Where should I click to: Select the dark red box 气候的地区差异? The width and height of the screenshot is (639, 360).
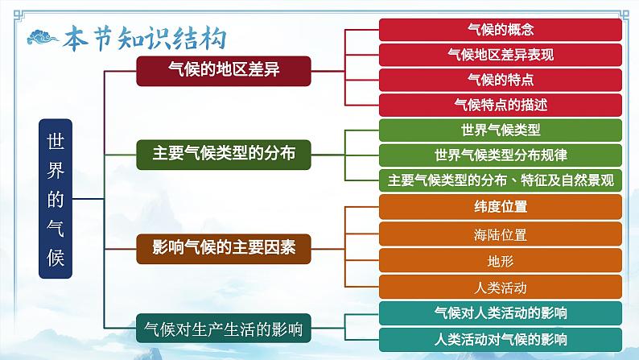click(x=224, y=70)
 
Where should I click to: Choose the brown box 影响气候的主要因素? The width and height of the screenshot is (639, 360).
click(x=224, y=247)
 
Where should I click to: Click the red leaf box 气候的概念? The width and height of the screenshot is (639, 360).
click(x=500, y=30)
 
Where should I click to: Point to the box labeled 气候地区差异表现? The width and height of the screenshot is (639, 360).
click(x=500, y=55)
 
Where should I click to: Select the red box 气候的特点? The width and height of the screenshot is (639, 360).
click(x=500, y=80)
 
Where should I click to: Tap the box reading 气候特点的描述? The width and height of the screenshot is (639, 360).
click(x=500, y=105)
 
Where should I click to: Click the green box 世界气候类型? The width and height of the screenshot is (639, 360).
click(x=500, y=130)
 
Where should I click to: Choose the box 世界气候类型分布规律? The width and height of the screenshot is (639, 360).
click(x=500, y=155)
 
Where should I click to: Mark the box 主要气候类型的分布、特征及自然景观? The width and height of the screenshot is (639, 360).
click(x=500, y=180)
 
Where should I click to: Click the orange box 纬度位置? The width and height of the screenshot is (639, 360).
click(x=500, y=206)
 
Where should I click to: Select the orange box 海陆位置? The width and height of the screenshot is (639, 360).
click(x=500, y=234)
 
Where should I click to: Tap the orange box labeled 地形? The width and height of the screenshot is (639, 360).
click(x=500, y=260)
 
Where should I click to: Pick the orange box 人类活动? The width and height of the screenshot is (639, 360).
click(x=500, y=287)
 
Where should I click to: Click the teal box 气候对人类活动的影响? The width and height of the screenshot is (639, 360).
click(x=500, y=312)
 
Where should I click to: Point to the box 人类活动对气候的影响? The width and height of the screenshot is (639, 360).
click(x=500, y=338)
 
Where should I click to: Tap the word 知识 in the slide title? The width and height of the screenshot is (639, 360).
click(x=149, y=38)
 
